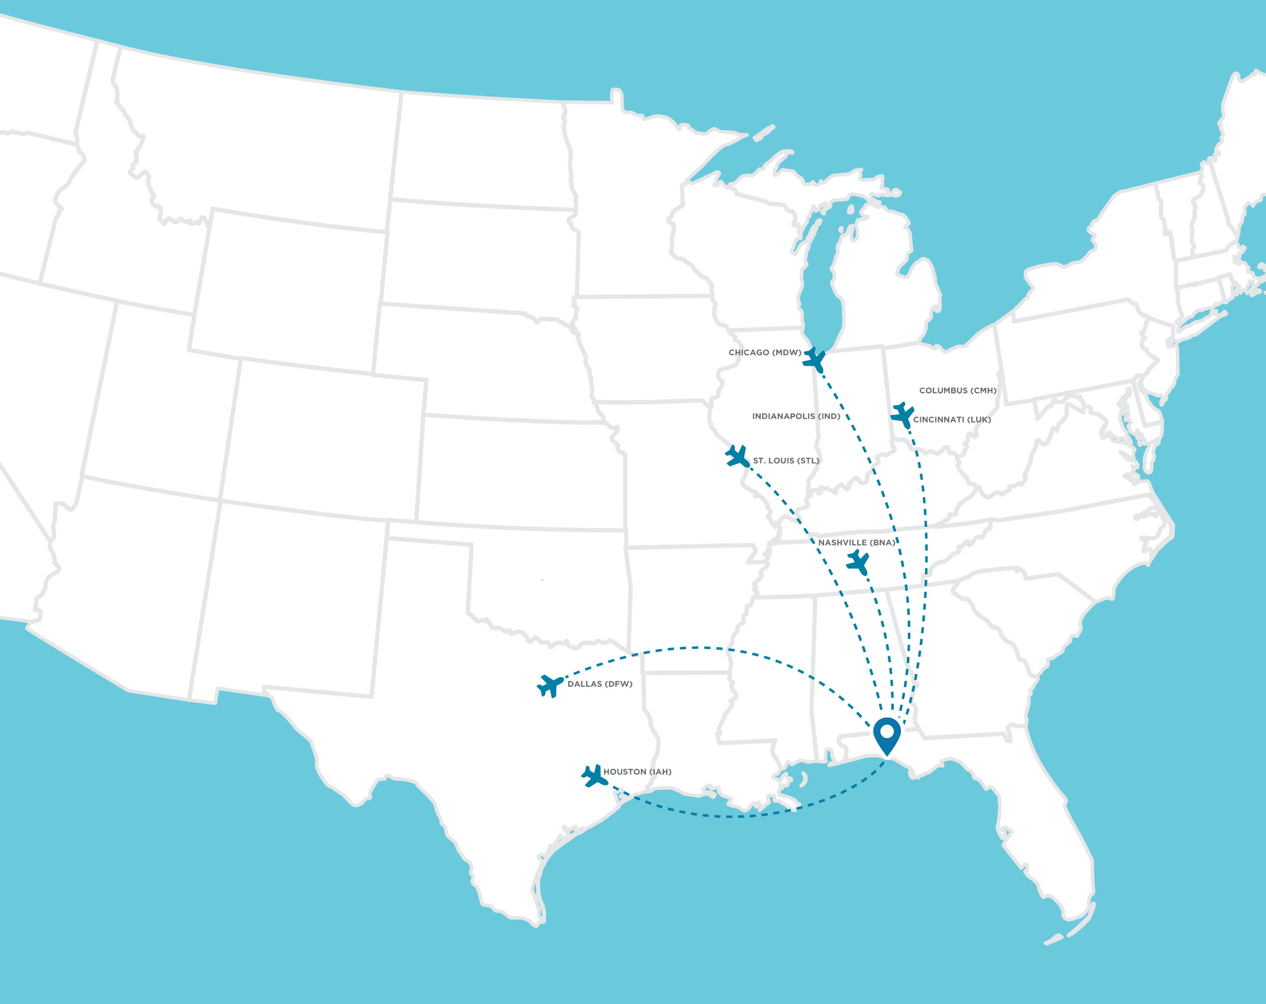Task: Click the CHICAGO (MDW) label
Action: (x=765, y=352)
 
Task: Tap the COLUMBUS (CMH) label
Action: (x=958, y=391)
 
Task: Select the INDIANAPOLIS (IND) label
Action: (x=796, y=417)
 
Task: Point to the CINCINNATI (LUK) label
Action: (x=952, y=420)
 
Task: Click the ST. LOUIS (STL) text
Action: (x=786, y=461)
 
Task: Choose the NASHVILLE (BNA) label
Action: (x=857, y=542)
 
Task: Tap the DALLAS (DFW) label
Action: (x=600, y=684)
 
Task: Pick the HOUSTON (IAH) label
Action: (x=637, y=771)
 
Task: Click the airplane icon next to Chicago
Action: (x=815, y=359)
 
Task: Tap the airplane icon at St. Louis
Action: (x=737, y=457)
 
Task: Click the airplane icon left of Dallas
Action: (x=550, y=685)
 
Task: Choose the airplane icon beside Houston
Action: (x=594, y=776)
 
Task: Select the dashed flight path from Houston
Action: (x=734, y=816)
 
